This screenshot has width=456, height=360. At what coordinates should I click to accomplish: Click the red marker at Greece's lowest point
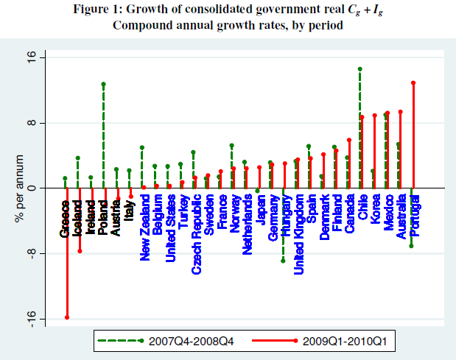pos(67,317)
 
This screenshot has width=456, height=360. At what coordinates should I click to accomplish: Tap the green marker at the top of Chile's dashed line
pos(359,68)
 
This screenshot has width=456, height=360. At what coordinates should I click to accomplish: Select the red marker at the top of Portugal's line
pos(413,82)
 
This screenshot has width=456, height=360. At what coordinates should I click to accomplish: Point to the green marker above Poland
pos(103,84)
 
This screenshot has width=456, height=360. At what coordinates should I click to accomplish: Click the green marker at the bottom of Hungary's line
pos(283,260)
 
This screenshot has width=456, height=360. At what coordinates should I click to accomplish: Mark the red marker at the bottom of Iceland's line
pos(80,251)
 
